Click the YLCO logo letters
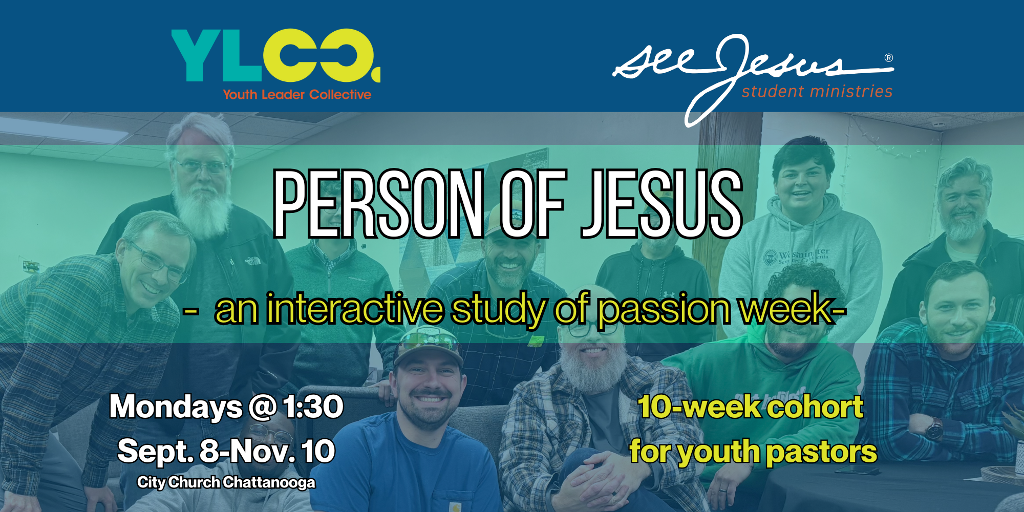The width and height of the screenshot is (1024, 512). coord(275,56)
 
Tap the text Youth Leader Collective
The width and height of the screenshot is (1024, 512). coord(297,95)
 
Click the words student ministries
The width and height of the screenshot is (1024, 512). coord(817,92)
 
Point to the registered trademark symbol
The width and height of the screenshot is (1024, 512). coord(889,58)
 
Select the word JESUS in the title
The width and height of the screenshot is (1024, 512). coord(662,204)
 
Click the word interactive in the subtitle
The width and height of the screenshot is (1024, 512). coord(355,309)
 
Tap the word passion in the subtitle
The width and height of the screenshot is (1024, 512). coord(664,310)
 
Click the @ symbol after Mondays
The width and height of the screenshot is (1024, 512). coord(262,408)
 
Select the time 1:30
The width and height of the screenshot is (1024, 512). coord(313,407)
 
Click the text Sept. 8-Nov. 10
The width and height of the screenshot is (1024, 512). coord(226,451)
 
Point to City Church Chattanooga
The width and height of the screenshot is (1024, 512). coord(226,482)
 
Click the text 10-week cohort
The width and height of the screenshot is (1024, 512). coord(750,407)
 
